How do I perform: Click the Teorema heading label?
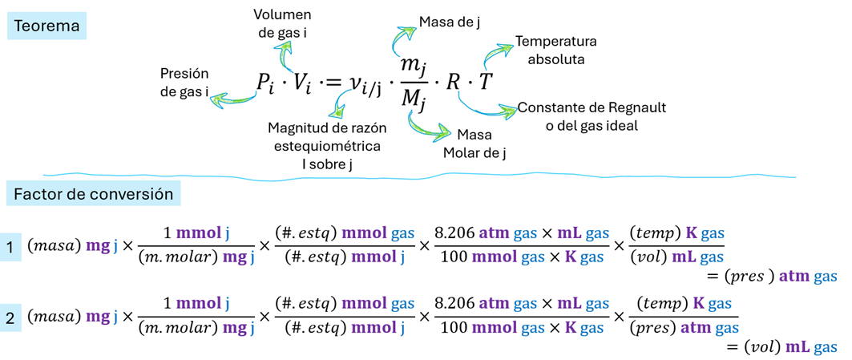[49, 26]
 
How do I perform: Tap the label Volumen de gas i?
[282, 24]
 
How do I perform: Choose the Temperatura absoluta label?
[555, 50]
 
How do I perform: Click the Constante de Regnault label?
[592, 117]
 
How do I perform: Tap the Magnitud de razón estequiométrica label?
[324, 146]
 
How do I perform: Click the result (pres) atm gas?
[777, 276]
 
